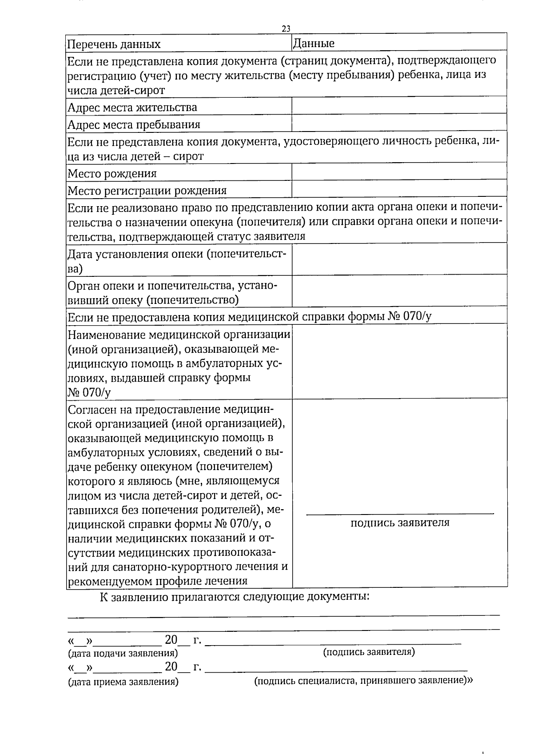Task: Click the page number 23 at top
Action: coord(286,28)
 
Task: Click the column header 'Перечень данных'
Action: coord(114,44)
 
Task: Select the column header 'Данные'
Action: coord(313,43)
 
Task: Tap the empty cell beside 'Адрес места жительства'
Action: coord(399,106)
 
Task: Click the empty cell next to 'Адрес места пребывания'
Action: coord(399,123)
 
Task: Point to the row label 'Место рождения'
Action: coord(112,173)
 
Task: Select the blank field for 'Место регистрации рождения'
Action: coord(399,189)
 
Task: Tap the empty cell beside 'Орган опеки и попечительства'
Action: coord(399,291)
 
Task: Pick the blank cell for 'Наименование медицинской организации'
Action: coord(399,361)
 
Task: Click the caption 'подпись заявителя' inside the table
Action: coord(400,523)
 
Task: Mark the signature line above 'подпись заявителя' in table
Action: coord(400,514)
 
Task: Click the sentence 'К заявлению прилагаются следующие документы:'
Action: coord(235,596)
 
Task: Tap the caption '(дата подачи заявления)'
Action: coord(123,653)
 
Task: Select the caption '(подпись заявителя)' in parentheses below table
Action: coord(369,652)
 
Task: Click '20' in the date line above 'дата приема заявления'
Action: coord(171,667)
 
